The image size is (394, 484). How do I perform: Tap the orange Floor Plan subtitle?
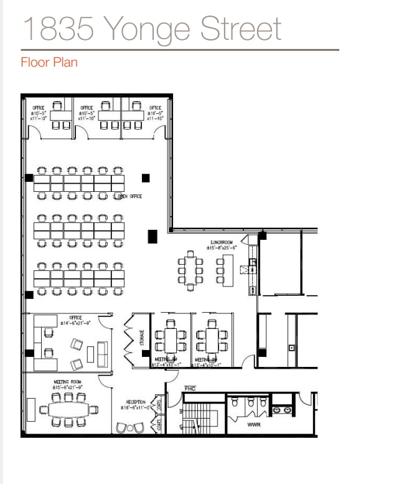click(x=49, y=62)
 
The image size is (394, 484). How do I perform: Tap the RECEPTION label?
click(x=136, y=402)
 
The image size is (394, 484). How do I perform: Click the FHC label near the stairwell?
click(x=190, y=389)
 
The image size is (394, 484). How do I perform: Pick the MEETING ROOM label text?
click(x=67, y=381)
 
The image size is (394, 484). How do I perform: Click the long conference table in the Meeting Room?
click(x=68, y=409)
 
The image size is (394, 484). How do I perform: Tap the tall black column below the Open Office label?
click(x=152, y=237)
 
